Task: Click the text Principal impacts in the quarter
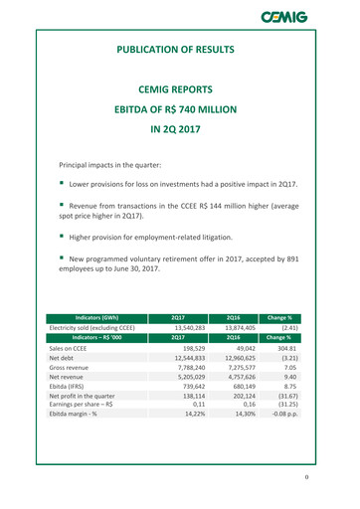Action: (114, 162)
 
